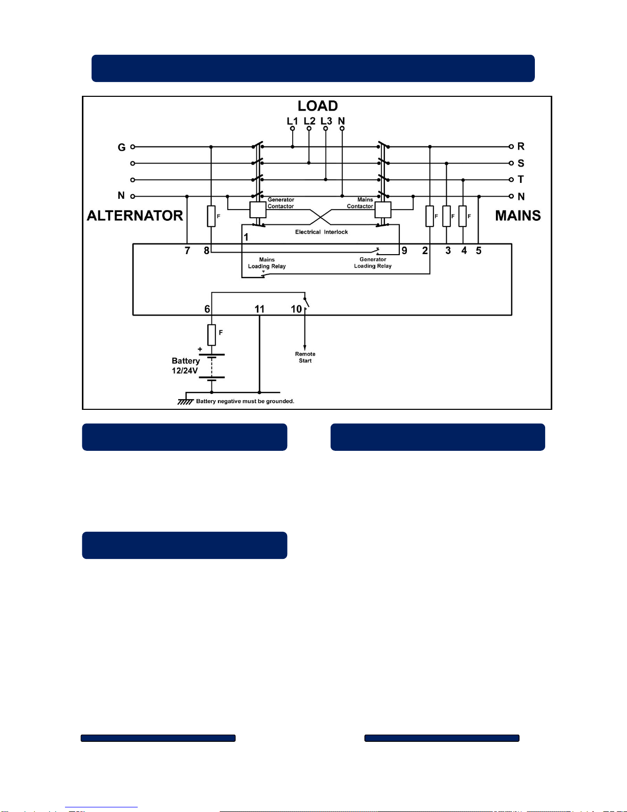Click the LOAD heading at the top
point(317,106)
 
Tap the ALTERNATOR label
point(135,216)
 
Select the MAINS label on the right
point(517,216)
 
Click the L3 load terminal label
point(326,121)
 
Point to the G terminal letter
point(121,148)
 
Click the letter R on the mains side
point(521,147)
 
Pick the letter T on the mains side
point(521,179)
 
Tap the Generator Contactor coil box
point(257,210)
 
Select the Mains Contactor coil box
point(383,210)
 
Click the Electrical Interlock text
point(321,232)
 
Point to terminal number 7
point(187,251)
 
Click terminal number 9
point(404,251)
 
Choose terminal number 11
point(260,309)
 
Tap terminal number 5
point(479,251)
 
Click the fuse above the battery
point(211,335)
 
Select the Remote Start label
point(305,357)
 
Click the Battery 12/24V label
point(185,366)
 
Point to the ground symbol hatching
point(185,402)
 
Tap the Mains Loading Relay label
point(267,263)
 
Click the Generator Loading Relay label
point(373,263)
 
